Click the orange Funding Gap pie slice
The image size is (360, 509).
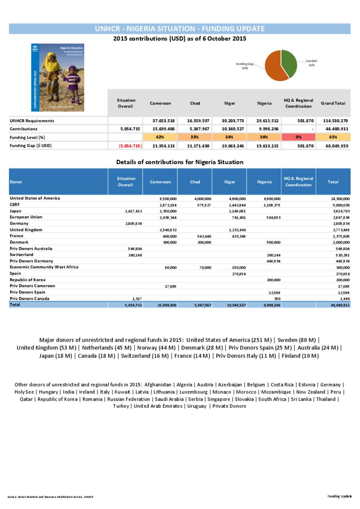(x=274, y=69)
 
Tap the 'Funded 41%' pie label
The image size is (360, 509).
(x=311, y=63)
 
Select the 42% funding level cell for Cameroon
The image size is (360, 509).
(x=160, y=137)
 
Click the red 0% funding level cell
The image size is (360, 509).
(x=298, y=137)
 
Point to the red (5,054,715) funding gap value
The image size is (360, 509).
(x=130, y=146)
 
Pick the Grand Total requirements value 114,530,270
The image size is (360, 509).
(x=335, y=121)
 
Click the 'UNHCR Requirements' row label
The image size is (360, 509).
(x=32, y=121)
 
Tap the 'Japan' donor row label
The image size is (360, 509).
(x=15, y=211)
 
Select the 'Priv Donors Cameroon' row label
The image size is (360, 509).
(x=32, y=286)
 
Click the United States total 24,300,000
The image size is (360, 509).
(x=340, y=199)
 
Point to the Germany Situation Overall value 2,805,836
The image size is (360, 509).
(x=134, y=224)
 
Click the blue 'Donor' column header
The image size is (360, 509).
(x=16, y=182)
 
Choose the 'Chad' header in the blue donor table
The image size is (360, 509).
(x=195, y=182)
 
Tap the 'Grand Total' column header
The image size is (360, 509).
(x=333, y=103)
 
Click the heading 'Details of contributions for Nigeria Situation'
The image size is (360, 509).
(x=180, y=162)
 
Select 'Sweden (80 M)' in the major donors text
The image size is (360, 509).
(x=296, y=340)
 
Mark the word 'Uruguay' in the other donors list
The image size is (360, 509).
(x=197, y=406)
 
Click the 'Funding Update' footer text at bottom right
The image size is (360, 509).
(x=339, y=496)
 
